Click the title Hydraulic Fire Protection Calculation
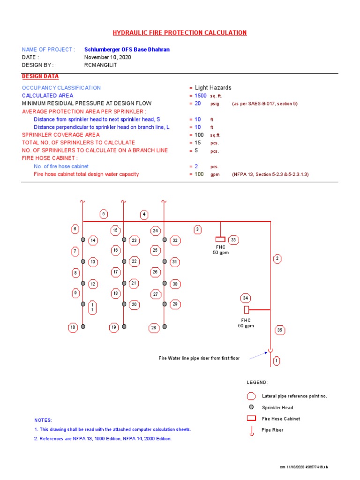coord(180,33)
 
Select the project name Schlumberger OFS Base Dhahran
coord(127,49)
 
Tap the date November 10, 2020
coord(107,57)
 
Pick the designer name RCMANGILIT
coord(100,65)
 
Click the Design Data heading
coord(40,76)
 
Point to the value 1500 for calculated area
coord(201,96)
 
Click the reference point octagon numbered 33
coord(233,240)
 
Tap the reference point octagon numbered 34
coord(246,298)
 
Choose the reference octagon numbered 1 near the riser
coord(277,361)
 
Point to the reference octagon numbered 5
coord(104,214)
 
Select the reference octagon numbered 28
coord(154,328)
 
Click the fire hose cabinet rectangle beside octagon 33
coord(220,240)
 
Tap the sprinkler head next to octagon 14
coord(83,240)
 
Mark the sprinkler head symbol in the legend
coord(251,407)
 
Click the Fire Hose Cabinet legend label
coord(281,419)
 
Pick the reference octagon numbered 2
coord(277,258)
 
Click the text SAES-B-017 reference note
coord(265,104)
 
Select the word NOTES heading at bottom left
coord(43,420)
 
